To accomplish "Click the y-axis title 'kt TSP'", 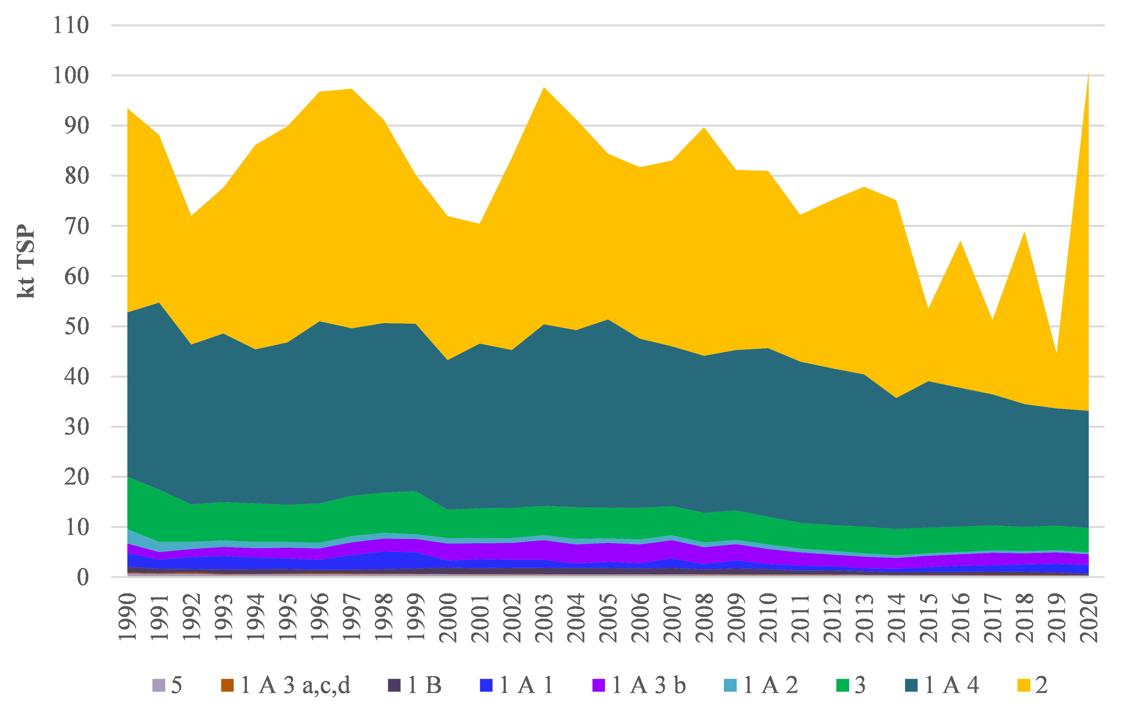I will point(26,261).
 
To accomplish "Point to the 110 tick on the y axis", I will point(71,25).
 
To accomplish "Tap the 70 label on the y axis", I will point(77,227).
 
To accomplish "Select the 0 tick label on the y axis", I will point(83,577).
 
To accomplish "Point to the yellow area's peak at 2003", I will point(544,87).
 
